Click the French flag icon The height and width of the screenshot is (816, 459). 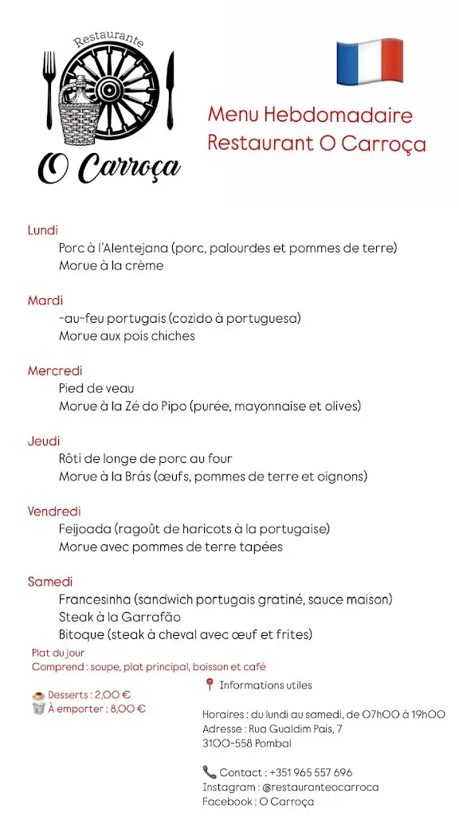pos(369,61)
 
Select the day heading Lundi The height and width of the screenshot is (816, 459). pos(43,230)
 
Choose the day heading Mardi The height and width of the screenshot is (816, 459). pos(45,300)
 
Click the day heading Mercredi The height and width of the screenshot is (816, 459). pos(55,371)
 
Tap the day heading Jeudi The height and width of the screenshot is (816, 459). pos(44,441)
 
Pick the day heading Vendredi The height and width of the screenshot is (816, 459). pos(54,511)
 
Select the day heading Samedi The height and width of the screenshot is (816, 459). pos(50,582)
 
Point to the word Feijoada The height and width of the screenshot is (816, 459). pos(85,529)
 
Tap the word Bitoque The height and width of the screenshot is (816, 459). pos(82,634)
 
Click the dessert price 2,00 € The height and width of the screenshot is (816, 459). pos(114,695)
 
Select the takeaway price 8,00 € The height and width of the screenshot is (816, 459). pos(127,708)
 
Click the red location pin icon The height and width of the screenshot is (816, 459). pos(210,685)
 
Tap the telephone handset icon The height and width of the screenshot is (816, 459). pos(210,771)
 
